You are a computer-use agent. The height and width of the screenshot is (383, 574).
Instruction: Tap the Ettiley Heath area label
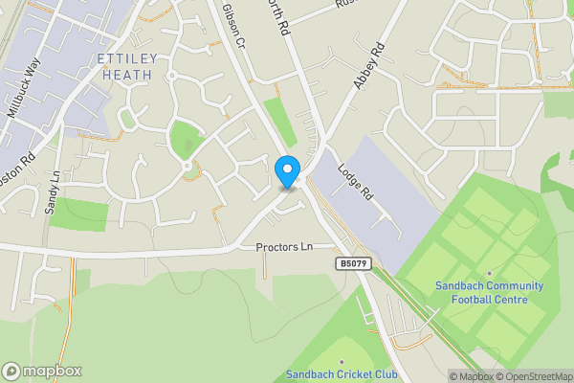[x=126, y=67]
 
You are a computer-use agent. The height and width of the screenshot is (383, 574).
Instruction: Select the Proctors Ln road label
[x=284, y=247]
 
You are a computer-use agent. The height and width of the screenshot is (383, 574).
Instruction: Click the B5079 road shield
[x=351, y=262]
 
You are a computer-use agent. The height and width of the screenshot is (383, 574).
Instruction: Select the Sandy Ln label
[x=54, y=191]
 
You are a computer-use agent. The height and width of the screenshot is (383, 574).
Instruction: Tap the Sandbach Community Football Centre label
[x=489, y=292]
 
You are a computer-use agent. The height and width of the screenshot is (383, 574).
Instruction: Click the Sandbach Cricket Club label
[x=342, y=374]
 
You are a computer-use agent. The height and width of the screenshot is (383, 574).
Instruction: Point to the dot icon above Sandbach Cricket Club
[x=342, y=362]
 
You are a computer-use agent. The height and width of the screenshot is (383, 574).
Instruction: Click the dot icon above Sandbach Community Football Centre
[x=489, y=274]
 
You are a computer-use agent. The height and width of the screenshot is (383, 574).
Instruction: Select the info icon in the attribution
[x=455, y=376]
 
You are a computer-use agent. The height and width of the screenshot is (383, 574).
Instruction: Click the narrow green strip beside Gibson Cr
[x=279, y=122]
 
